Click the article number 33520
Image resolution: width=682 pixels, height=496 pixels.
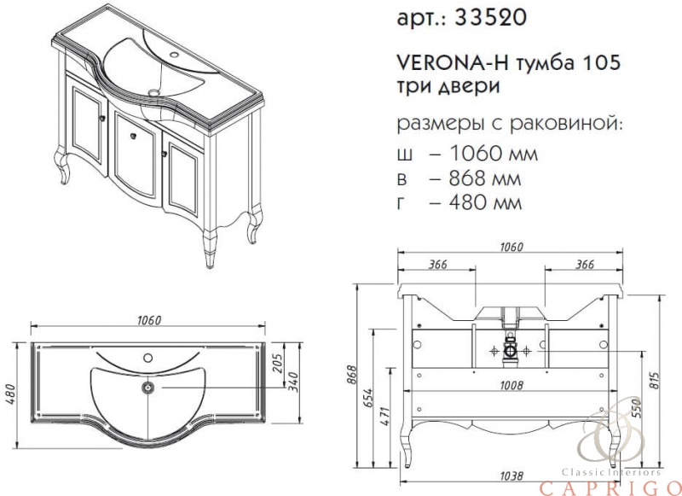tap(489, 18)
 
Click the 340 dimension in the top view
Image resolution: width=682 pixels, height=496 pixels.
tap(294, 382)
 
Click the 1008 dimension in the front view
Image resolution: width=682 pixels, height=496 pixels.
tap(511, 385)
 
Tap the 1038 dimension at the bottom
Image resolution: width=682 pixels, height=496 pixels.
tap(511, 476)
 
